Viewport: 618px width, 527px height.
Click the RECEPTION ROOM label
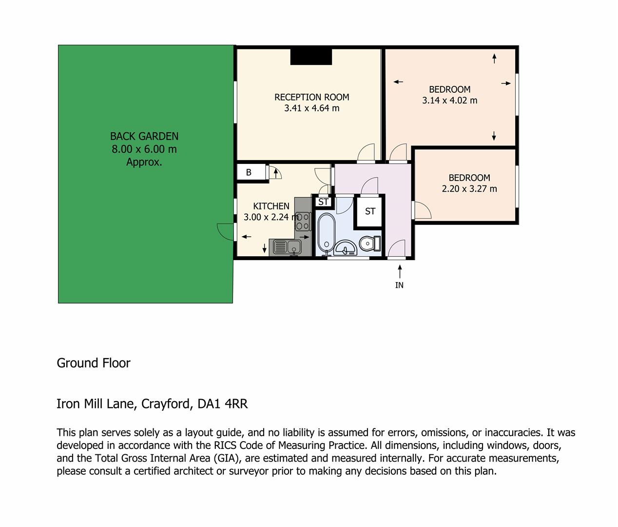[x=311, y=97]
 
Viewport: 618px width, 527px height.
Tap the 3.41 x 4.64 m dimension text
[x=311, y=108]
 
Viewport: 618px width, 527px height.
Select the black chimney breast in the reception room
[x=311, y=57]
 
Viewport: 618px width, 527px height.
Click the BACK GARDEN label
[x=144, y=136]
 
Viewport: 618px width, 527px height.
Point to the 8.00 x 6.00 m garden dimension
[x=144, y=149]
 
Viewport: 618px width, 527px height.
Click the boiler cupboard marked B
[x=251, y=172]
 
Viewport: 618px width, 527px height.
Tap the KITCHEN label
[x=271, y=206]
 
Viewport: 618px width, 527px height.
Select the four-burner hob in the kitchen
[x=303, y=222]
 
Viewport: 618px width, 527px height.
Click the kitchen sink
[x=287, y=247]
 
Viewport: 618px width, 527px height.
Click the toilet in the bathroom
[x=370, y=243]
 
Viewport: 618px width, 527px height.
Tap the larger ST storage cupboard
[x=370, y=211]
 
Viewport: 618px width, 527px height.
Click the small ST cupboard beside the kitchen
[x=323, y=202]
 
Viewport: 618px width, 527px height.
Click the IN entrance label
[x=399, y=285]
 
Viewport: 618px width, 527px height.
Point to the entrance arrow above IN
[x=400, y=271]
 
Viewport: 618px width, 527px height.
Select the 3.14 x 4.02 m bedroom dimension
[x=449, y=101]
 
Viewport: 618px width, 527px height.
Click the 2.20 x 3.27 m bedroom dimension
[x=469, y=189]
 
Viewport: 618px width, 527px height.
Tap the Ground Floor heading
[x=94, y=363]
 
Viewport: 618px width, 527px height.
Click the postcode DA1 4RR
[x=223, y=404]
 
